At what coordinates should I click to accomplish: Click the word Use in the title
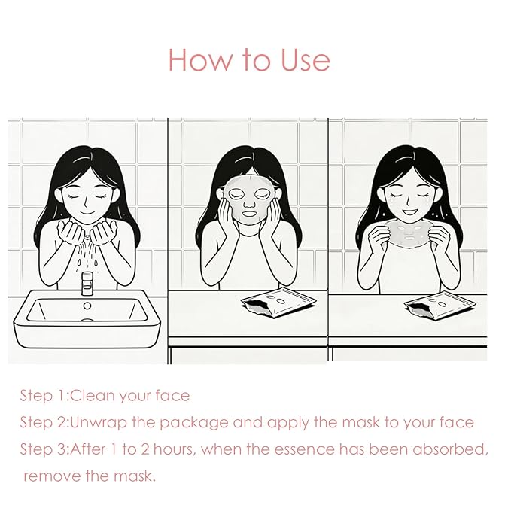306,60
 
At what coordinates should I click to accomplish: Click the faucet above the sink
87,283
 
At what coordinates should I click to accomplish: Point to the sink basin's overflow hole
87,306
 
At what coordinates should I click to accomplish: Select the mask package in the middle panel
278,303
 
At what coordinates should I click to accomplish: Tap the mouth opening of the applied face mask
250,215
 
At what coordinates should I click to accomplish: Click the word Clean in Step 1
92,396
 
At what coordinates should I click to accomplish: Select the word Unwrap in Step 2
99,423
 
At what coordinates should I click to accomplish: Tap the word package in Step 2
194,424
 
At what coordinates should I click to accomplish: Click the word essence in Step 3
304,450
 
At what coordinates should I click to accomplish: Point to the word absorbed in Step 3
450,449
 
